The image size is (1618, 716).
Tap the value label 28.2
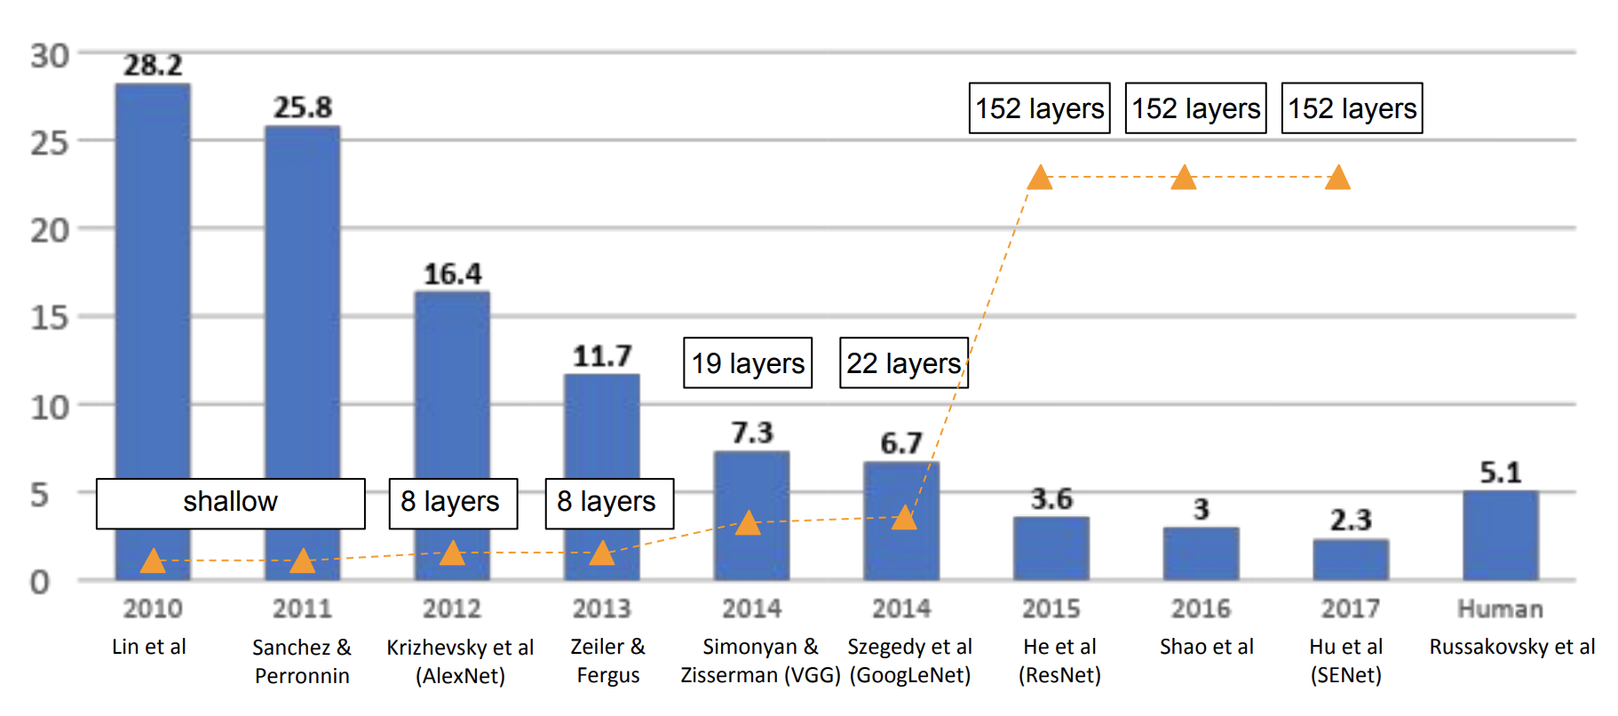pyautogui.click(x=153, y=65)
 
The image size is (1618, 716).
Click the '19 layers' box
pyautogui.click(x=748, y=362)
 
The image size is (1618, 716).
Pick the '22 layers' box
pyautogui.click(x=903, y=362)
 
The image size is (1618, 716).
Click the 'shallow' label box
pyautogui.click(x=230, y=503)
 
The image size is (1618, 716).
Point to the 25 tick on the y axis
pyautogui.click(x=49, y=142)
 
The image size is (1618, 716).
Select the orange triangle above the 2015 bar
pyautogui.click(x=1040, y=179)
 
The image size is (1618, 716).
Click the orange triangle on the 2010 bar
pyautogui.click(x=153, y=561)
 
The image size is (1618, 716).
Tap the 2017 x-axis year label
pyautogui.click(x=1350, y=609)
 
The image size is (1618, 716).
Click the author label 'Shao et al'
pyautogui.click(x=1206, y=647)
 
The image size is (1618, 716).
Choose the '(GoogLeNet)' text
pyautogui.click(x=909, y=675)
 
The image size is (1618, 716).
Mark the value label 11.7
pyautogui.click(x=602, y=356)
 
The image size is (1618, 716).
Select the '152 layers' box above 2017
pyautogui.click(x=1352, y=108)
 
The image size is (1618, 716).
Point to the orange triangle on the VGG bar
pyautogui.click(x=748, y=523)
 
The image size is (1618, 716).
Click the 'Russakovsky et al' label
pyautogui.click(x=1511, y=647)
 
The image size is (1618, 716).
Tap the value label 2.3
pyautogui.click(x=1351, y=520)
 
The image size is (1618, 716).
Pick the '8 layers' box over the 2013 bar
pyautogui.click(x=608, y=503)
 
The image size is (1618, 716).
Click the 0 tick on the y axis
pyautogui.click(x=40, y=582)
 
